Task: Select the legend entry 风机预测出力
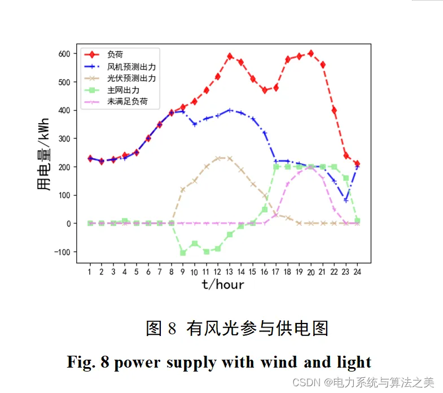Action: pyautogui.click(x=131, y=67)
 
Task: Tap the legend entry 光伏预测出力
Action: pyautogui.click(x=131, y=78)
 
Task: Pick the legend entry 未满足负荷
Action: pyautogui.click(x=127, y=102)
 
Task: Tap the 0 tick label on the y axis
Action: pyautogui.click(x=68, y=224)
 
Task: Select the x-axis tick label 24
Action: pyautogui.click(x=357, y=272)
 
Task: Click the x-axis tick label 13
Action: pyautogui.click(x=229, y=272)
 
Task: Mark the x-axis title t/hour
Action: pyautogui.click(x=223, y=285)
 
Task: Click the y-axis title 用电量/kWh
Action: pyautogui.click(x=44, y=158)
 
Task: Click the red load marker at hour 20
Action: pyautogui.click(x=311, y=54)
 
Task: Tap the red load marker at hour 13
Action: pyautogui.click(x=230, y=56)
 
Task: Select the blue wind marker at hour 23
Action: pyautogui.click(x=346, y=200)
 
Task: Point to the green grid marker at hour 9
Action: pyautogui.click(x=183, y=252)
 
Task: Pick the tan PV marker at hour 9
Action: pyautogui.click(x=183, y=190)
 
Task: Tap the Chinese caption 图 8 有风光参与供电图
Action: pyautogui.click(x=237, y=328)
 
